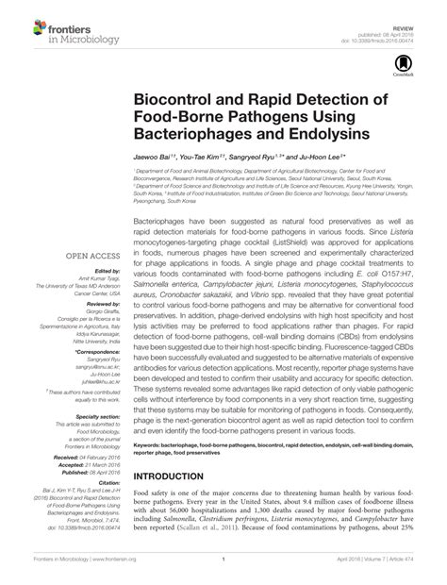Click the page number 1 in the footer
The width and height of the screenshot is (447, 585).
tap(223, 575)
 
